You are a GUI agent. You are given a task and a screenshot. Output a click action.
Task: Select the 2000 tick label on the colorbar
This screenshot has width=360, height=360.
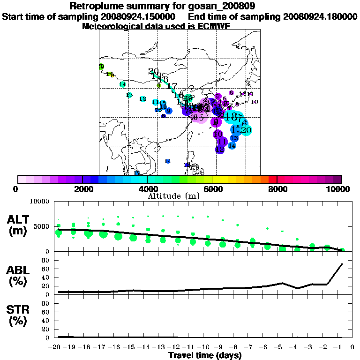[x=82, y=189]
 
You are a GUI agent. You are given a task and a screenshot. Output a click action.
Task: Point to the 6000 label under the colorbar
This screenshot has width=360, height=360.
[x=212, y=189]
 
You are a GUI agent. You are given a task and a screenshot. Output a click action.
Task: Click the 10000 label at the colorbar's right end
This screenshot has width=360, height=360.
[x=338, y=189]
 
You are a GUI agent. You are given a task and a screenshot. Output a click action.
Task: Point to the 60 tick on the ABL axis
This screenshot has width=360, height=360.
[x=45, y=269]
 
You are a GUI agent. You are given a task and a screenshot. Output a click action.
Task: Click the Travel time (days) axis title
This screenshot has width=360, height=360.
[x=205, y=355]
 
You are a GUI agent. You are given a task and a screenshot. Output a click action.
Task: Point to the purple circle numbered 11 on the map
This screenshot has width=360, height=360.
[x=223, y=142]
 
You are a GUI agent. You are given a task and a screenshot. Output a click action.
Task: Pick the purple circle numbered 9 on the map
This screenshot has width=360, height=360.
[x=216, y=122]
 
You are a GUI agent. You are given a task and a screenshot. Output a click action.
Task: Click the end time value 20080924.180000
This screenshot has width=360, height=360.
[x=320, y=17]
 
